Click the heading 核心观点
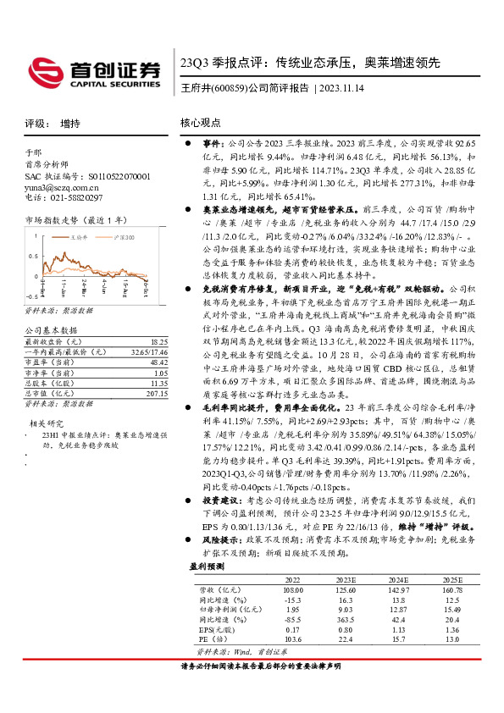coord(201,123)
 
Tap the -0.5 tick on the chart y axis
coord(30,273)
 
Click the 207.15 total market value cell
coord(156,370)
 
